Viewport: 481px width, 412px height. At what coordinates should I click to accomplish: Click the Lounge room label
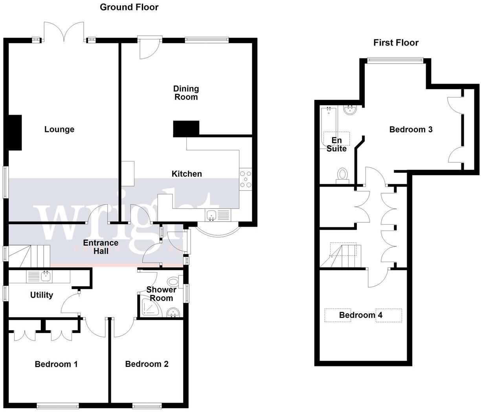(59, 129)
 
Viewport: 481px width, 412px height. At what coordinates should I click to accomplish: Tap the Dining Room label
(186, 93)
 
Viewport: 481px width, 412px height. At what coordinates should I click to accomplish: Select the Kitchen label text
(187, 174)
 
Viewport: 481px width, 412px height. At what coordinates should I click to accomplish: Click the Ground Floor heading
(129, 7)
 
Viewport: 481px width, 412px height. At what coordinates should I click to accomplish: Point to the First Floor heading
(396, 42)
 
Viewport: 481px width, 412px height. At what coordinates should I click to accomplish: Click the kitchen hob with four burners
(246, 179)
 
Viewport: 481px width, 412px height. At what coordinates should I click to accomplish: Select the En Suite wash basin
(350, 110)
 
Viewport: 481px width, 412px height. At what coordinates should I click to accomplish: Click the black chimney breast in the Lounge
(15, 133)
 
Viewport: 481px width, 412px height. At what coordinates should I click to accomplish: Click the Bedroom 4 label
(360, 315)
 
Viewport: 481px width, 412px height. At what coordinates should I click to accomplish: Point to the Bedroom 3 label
(411, 129)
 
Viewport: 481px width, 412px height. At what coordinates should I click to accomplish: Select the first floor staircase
(342, 256)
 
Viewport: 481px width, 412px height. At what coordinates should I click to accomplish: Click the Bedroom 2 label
(147, 364)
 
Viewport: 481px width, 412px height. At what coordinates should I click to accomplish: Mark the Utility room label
(42, 295)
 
